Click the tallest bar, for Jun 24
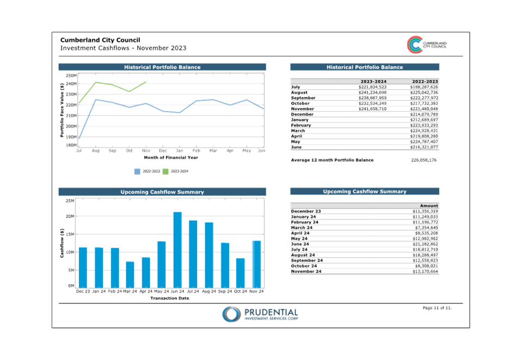pos(177,249)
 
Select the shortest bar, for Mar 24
pos(130,274)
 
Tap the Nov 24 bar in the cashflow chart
pos(256,264)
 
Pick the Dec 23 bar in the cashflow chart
pos(83,267)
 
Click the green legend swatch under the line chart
pos(167,172)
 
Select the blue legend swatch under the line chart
pos(137,172)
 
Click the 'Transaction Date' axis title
pos(170,298)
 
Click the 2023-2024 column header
pos(373,81)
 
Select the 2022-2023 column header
pos(425,81)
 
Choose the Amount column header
pos(429,206)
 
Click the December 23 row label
pos(306,211)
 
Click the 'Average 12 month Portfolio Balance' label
pos(332,160)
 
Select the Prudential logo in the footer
pos(260,314)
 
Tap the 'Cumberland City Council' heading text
pos(100,40)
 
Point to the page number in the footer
pos(437,308)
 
